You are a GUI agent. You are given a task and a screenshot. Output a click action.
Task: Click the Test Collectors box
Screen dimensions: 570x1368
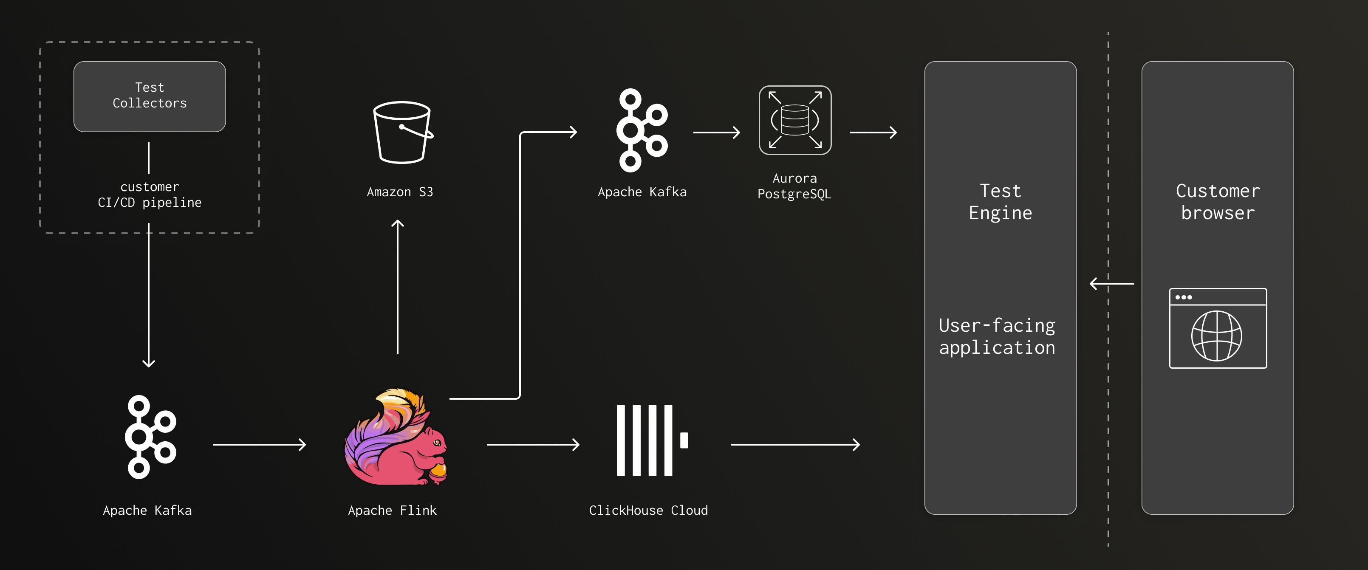coord(149,96)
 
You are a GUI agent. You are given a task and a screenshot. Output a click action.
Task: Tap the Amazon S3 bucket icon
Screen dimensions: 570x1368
coord(402,132)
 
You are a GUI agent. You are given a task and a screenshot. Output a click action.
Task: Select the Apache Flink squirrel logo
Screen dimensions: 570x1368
coord(396,437)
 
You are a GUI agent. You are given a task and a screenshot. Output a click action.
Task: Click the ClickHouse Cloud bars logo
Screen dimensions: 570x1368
coord(652,440)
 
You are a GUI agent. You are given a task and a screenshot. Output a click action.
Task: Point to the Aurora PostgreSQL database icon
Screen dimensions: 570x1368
coord(794,120)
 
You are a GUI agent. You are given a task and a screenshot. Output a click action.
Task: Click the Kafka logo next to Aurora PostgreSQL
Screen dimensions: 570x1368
coord(641,130)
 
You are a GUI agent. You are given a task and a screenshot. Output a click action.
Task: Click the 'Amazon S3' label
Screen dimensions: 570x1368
coord(400,192)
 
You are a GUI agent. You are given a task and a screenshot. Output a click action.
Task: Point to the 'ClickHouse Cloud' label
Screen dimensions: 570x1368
coord(648,511)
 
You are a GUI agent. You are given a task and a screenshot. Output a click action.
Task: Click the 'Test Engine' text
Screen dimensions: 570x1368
coord(1000,202)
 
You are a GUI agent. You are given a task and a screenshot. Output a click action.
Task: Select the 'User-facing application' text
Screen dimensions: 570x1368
coord(997,336)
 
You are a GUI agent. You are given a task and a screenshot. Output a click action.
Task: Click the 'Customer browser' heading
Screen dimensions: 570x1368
coord(1217,202)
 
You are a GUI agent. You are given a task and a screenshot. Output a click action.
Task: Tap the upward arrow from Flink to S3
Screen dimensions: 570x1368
coord(397,287)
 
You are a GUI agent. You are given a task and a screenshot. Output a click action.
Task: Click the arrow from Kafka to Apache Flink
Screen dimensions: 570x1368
coord(259,444)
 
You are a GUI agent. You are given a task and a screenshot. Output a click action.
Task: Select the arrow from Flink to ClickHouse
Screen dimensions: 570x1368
coord(533,444)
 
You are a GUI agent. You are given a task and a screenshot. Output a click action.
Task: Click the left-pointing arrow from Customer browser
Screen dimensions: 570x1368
coord(1111,283)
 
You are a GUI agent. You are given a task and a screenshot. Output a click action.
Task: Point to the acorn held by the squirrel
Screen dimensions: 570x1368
coord(438,470)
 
